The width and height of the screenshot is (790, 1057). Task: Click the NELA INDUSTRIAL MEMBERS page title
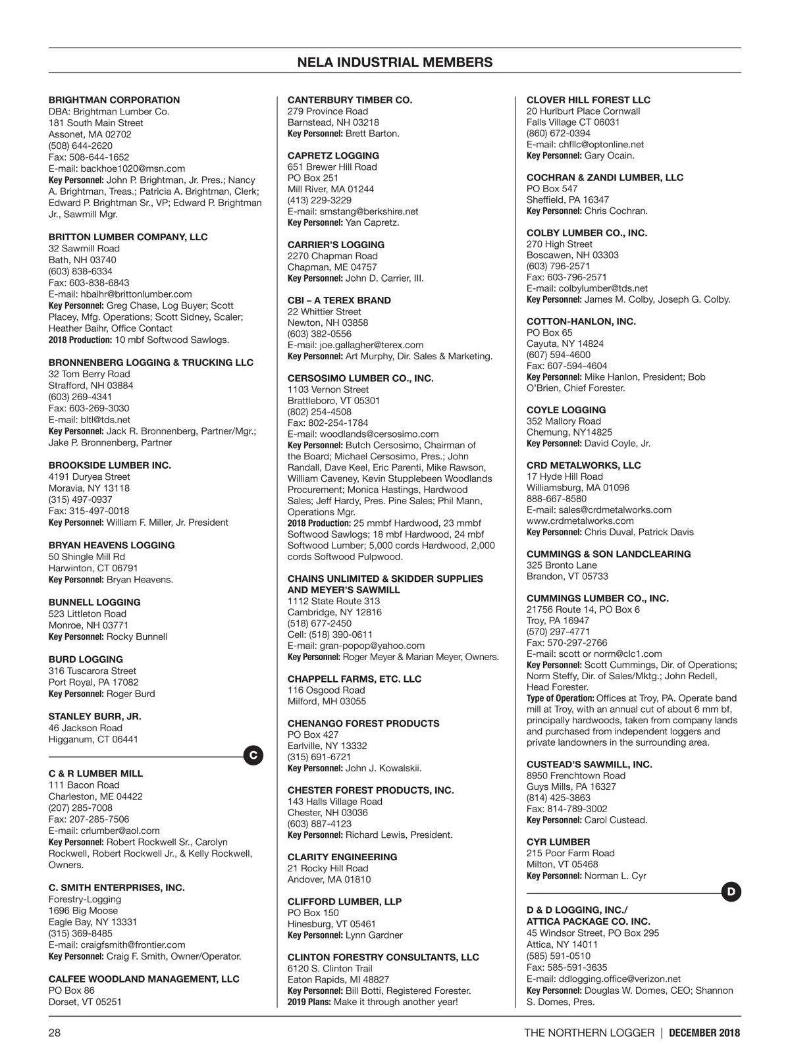[x=394, y=63]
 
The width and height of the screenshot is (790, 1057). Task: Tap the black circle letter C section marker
[x=253, y=756]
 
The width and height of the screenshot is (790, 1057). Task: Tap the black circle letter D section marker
[x=731, y=892]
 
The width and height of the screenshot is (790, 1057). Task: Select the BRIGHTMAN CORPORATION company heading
[x=114, y=100]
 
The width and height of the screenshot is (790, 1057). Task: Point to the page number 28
[x=55, y=1033]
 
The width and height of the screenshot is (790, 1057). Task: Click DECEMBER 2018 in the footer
[x=704, y=1033]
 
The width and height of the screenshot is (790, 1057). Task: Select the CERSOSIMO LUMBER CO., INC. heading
[x=361, y=378]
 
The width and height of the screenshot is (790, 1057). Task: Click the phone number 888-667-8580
[x=556, y=498]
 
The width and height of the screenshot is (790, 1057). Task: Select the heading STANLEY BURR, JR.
[x=95, y=716]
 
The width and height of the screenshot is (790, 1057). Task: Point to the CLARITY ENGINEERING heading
[x=342, y=857]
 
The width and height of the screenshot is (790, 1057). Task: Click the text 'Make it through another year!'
[x=395, y=1002]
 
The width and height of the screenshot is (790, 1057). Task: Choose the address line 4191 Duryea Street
[x=90, y=477]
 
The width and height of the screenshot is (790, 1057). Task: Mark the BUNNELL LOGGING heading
[x=94, y=602]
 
